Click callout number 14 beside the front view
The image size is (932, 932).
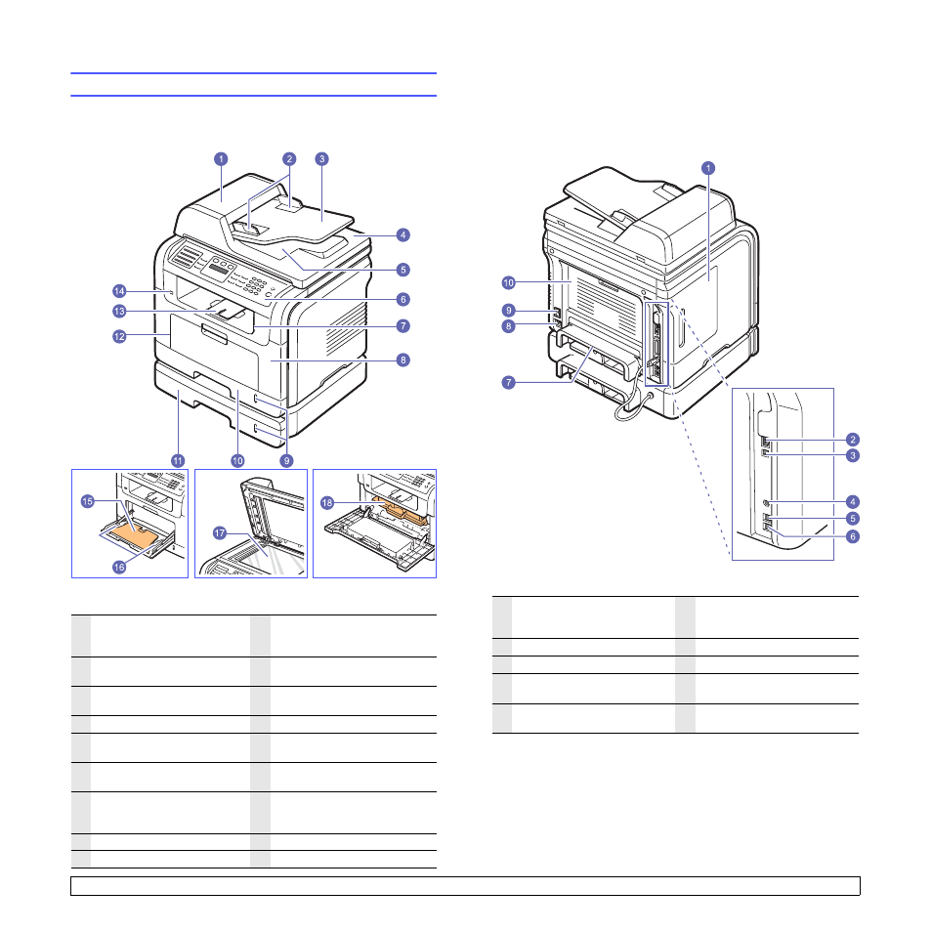point(119,291)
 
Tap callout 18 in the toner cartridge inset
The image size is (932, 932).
point(327,503)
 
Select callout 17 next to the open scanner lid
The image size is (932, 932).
point(220,533)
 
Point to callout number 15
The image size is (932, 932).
point(87,501)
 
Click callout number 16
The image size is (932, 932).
point(119,567)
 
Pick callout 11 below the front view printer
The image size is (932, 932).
point(178,461)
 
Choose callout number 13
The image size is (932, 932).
point(119,311)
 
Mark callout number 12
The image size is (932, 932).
point(119,336)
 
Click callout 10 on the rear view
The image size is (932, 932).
point(508,283)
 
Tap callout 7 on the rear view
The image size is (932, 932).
point(508,382)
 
